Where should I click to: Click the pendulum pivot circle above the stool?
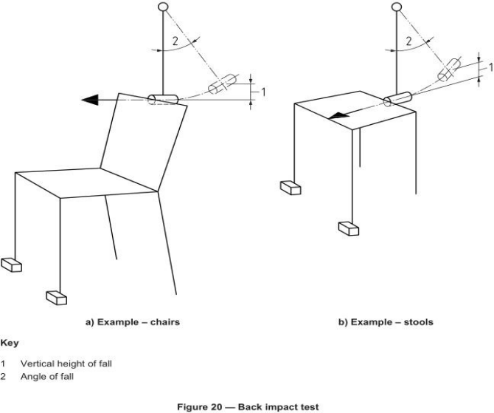click(x=397, y=7)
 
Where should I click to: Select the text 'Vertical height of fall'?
click(x=60, y=363)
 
